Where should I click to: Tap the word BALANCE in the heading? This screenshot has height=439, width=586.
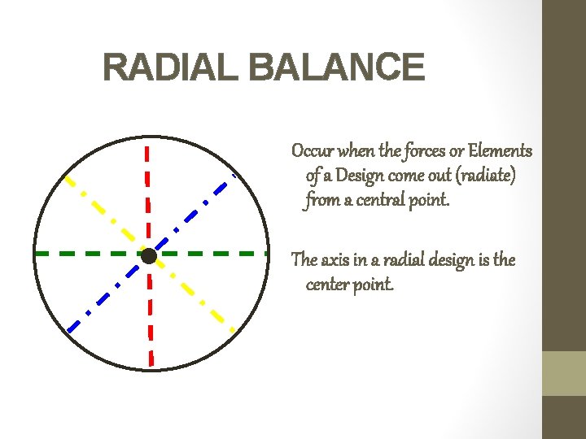point(337,67)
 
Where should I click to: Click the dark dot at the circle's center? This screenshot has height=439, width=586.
point(148,256)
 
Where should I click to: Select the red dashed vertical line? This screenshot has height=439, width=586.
point(148,187)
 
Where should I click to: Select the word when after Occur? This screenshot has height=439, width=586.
point(356,151)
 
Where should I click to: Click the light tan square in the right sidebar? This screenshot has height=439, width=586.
point(564,373)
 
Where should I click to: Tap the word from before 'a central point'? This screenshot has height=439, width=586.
point(323,200)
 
